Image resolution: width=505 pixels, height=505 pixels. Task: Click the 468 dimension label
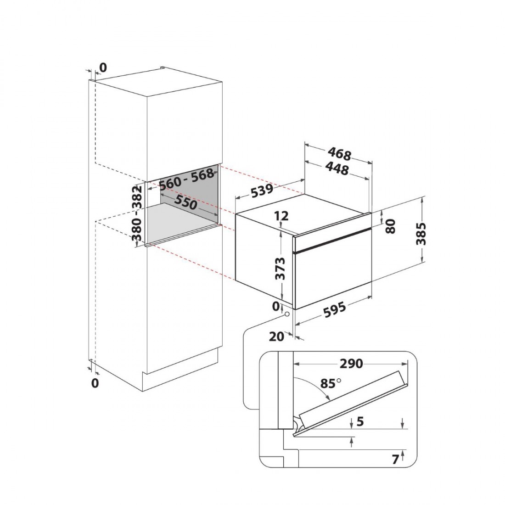(339, 154)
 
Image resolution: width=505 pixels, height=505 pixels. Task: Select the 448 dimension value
(337, 168)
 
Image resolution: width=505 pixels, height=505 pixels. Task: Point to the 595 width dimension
(335, 309)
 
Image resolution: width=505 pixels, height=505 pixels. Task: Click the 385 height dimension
(421, 234)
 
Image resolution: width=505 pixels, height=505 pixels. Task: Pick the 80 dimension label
(390, 226)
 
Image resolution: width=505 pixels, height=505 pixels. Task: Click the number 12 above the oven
(281, 216)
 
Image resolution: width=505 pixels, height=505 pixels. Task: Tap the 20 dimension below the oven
(276, 337)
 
